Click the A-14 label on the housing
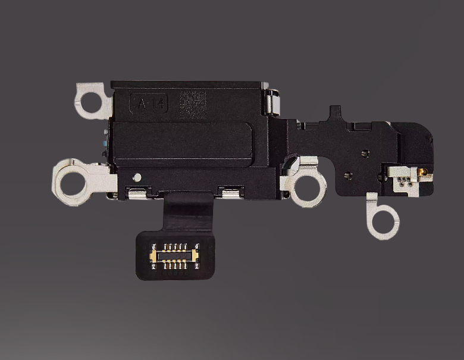pos(149,104)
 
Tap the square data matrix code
pos(193,104)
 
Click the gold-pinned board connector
pos(174,255)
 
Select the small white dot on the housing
pos(137,177)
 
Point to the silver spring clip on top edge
pos(272,102)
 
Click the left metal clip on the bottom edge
pos(137,192)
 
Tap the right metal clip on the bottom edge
pos(231,191)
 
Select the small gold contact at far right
pos(422,172)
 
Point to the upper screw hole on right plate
pos(364,154)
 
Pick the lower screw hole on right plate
pos(349,176)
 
